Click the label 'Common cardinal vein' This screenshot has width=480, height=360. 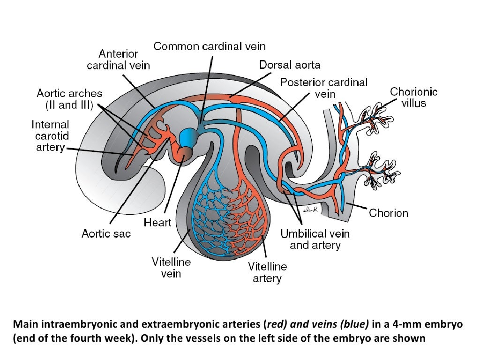(210, 46)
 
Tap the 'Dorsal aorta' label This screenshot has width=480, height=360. (290, 65)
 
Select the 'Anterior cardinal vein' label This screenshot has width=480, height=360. (119, 60)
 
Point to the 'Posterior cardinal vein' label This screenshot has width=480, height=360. (324, 88)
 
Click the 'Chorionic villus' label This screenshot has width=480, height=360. (413, 97)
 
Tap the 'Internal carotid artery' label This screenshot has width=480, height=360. (50, 136)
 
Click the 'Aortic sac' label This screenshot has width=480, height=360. (106, 233)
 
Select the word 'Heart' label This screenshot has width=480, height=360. (157, 222)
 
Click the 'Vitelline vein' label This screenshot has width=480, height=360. (171, 267)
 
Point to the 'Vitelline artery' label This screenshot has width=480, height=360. (267, 272)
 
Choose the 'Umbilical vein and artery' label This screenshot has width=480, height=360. (315, 239)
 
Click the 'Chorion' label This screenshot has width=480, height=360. (389, 213)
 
